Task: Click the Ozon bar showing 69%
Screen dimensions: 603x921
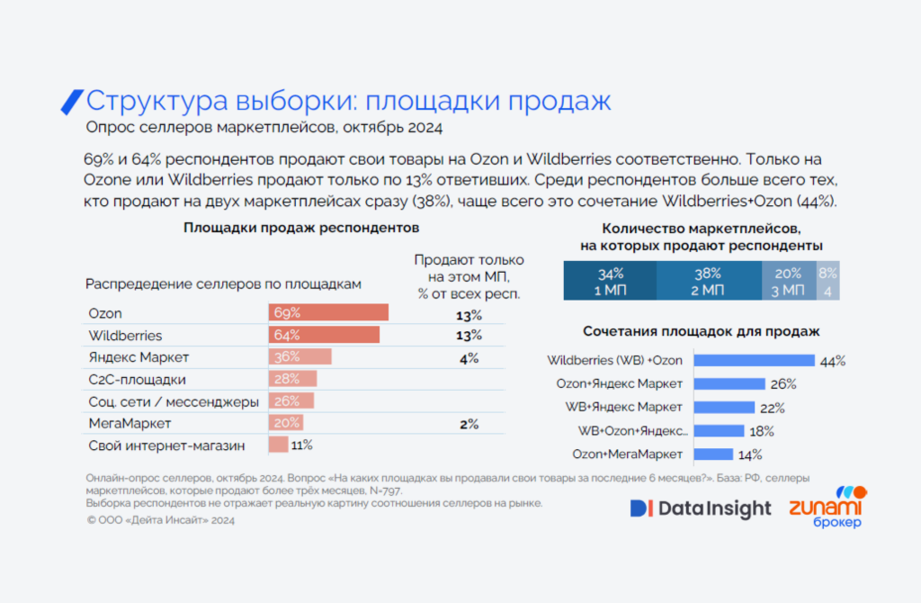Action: tap(328, 313)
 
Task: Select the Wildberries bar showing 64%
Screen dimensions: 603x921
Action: tap(324, 335)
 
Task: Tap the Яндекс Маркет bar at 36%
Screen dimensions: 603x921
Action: tap(300, 357)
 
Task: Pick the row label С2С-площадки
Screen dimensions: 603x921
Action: tap(138, 379)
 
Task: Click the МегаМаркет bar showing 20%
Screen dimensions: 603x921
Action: tap(285, 423)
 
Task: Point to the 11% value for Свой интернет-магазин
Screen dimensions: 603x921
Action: tap(301, 445)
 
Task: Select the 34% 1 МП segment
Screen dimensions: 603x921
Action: tap(610, 281)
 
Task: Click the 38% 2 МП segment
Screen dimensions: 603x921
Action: tap(709, 281)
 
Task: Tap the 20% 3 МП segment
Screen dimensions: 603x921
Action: tap(789, 281)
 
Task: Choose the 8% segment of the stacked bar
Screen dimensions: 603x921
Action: tap(828, 281)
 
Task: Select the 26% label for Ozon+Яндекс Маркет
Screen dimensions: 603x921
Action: tap(782, 384)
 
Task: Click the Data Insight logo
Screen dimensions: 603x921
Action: tap(701, 508)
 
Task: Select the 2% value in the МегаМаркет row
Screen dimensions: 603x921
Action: tap(469, 423)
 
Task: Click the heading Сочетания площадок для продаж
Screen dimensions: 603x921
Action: tap(701, 331)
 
